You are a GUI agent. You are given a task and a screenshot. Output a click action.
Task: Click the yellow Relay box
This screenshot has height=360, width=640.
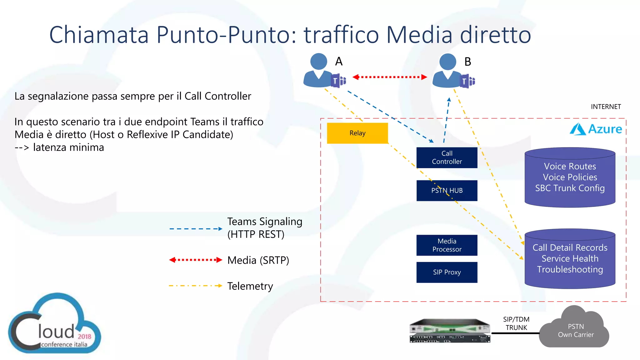[357, 133]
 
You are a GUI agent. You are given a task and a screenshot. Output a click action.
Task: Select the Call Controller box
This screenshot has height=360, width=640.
[447, 157]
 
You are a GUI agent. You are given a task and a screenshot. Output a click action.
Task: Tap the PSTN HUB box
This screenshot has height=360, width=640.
[447, 190]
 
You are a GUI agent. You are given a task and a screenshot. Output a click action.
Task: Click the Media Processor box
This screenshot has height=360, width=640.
[447, 245]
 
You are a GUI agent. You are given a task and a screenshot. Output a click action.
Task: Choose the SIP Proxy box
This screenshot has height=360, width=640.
[447, 272]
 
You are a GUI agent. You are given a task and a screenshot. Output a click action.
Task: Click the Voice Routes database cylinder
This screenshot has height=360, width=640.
[570, 177]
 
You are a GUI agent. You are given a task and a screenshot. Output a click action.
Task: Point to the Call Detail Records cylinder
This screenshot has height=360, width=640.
[570, 259]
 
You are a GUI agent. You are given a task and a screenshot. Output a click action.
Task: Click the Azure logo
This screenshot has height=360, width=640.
[596, 129]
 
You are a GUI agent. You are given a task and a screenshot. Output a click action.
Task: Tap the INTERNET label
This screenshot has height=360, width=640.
[606, 107]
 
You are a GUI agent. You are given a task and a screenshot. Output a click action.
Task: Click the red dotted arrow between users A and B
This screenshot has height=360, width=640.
[390, 77]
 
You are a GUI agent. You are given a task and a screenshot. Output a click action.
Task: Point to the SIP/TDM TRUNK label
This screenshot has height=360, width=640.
[516, 323]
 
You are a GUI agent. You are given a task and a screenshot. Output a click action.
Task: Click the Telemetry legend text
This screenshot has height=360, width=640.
[250, 286]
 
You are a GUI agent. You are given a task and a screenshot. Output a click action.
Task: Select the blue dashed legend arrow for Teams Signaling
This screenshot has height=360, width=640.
[195, 229]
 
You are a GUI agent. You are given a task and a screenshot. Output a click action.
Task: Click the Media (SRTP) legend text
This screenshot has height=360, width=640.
[258, 260]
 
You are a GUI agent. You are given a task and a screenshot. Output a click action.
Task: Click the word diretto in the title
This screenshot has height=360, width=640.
[495, 34]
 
